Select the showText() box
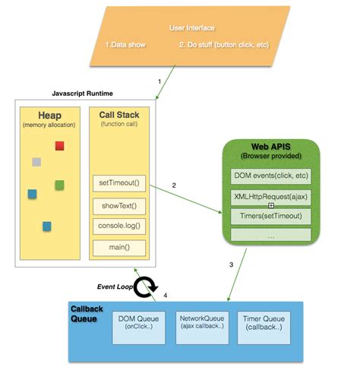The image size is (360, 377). [118, 206]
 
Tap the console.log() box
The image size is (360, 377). [118, 226]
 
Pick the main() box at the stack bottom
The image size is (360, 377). [118, 247]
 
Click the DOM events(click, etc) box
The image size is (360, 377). [270, 176]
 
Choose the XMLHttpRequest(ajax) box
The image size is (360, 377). [270, 196]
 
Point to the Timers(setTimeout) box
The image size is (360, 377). [270, 216]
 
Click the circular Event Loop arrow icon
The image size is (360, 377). [145, 287]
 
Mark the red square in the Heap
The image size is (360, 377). [60, 145]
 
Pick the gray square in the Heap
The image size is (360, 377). [36, 162]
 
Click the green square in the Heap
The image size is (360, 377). [60, 185]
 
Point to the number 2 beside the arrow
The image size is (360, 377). [174, 185]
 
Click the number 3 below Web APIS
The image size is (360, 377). [231, 265]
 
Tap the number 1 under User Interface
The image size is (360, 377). [159, 80]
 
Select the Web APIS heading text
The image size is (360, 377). [270, 146]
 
